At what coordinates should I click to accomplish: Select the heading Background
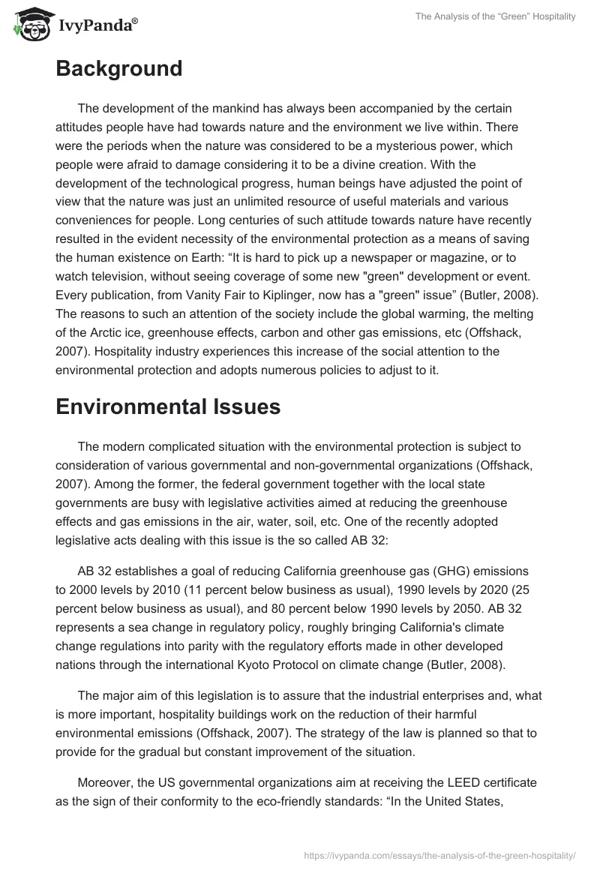coord(118,69)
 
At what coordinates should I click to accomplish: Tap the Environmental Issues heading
coord(168,406)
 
